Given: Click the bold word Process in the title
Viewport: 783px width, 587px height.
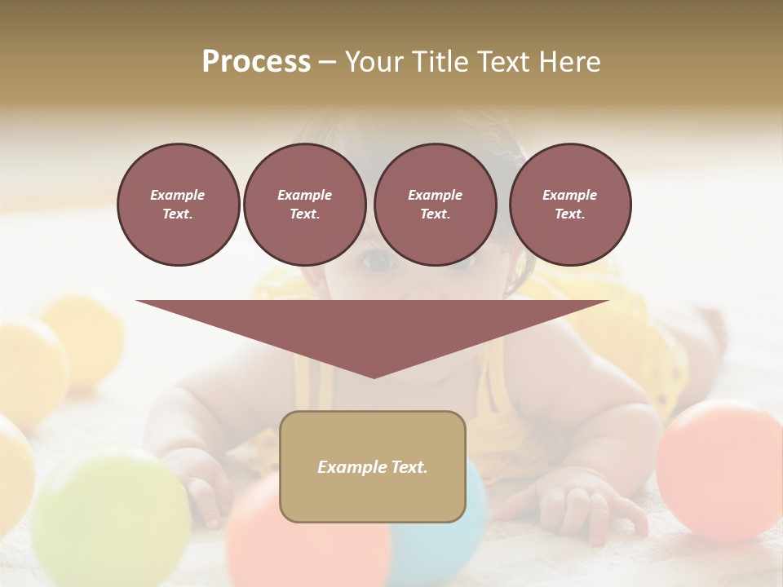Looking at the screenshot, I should (x=256, y=62).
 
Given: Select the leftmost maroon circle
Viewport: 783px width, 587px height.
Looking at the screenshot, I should (x=178, y=205).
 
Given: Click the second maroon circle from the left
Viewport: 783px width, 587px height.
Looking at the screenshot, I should (x=304, y=205).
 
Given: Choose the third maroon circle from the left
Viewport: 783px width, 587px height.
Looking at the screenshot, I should (x=435, y=205).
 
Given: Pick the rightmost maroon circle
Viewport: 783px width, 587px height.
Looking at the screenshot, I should (x=569, y=205).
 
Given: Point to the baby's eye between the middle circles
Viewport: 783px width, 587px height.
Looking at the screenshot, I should (x=376, y=261).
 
